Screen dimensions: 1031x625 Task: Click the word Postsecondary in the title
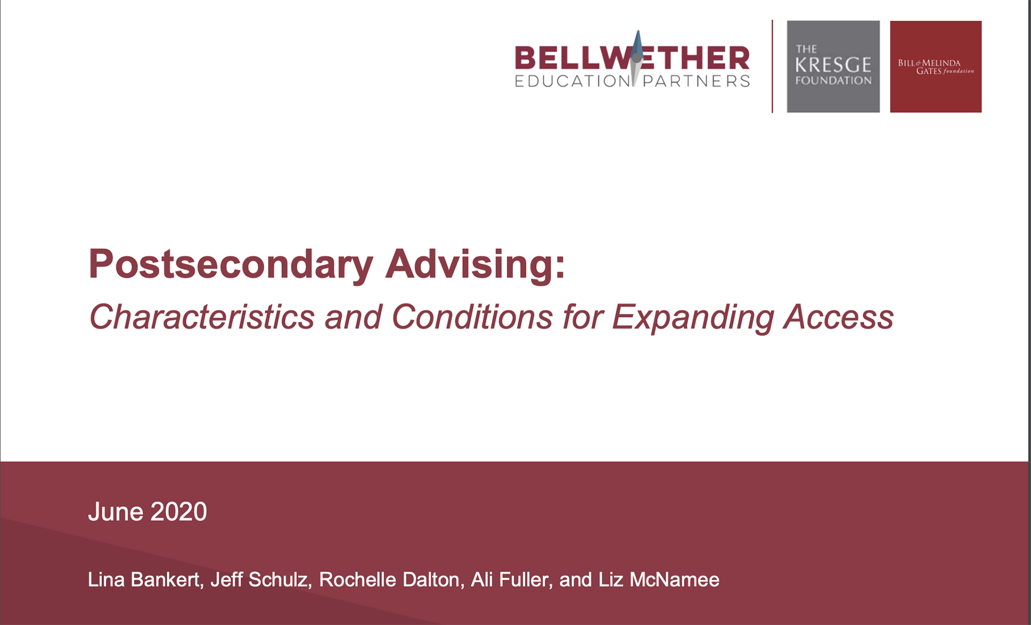coord(231,265)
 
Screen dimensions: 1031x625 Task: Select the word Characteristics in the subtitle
coord(202,317)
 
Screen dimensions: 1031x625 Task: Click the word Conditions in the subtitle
coord(472,317)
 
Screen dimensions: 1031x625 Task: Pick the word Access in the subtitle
coord(839,317)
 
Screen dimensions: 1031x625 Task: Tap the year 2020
coord(179,511)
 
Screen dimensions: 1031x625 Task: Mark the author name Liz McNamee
coord(659,580)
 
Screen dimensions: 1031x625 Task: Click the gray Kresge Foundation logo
coord(833,67)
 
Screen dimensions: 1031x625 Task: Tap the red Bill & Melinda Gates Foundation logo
coord(936,67)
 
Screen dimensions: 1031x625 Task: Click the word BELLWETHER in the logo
coord(632,58)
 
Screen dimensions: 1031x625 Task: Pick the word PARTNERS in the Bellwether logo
coord(696,81)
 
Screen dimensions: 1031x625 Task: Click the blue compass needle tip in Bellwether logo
coord(638,32)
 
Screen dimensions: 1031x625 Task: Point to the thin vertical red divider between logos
coord(772,67)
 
